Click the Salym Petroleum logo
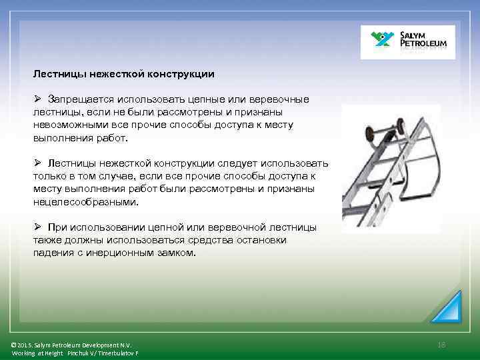click(408, 42)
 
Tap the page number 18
click(441, 344)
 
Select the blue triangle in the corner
click(446, 307)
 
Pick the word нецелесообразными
click(86, 202)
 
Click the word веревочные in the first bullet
click(281, 99)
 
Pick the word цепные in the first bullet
click(210, 99)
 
